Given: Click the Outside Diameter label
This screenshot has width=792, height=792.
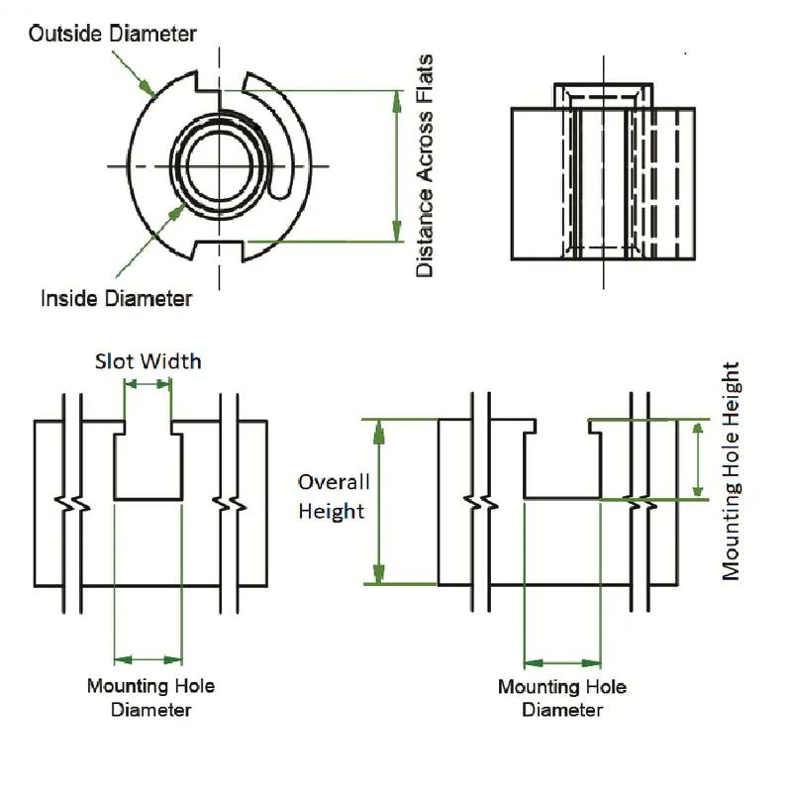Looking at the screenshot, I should pos(112,34).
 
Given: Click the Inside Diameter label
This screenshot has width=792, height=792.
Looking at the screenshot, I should pos(116,297).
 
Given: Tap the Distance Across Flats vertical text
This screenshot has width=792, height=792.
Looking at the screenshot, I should pos(425,166).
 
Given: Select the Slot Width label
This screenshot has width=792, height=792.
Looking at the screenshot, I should pos(148,360).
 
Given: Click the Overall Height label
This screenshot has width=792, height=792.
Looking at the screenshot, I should pos(334,496).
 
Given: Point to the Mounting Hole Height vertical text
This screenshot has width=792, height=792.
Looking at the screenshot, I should pos(732,470).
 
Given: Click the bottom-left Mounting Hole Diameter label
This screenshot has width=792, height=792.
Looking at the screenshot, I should pos(150,697).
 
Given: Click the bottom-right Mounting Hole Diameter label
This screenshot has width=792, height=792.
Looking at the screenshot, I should pos(561,698).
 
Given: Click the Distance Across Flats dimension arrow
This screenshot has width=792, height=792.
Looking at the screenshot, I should pos(398,166).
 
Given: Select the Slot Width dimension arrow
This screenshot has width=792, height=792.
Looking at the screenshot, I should pos(148,383).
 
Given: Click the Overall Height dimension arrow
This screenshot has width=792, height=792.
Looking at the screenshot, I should pos(377,501).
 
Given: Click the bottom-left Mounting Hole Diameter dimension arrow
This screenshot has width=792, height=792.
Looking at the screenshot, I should pos(148,658).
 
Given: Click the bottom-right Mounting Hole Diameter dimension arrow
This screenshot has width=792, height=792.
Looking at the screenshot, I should pos(562,662).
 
